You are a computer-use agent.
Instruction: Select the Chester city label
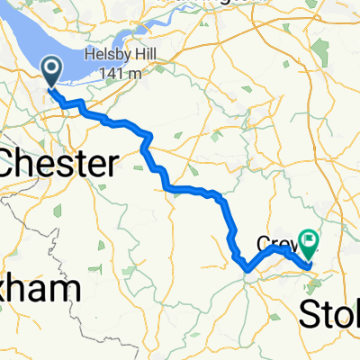point(59,164)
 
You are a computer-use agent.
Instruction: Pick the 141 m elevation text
point(125,73)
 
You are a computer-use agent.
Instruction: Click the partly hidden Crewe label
point(274,244)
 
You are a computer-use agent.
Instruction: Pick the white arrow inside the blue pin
point(50,67)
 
